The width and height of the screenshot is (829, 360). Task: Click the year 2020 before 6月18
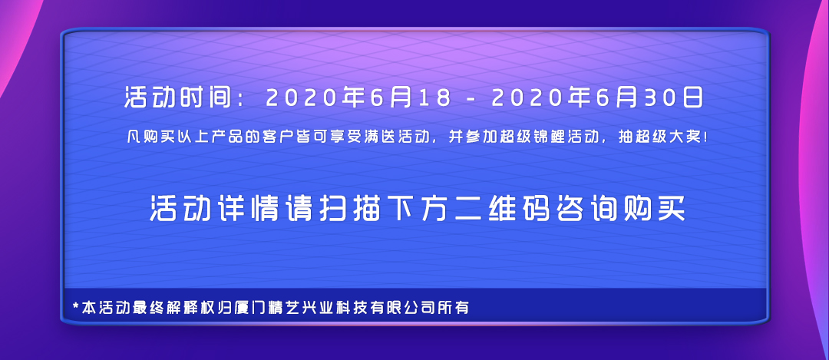299,98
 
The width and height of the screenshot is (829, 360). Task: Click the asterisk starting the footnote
75,307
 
